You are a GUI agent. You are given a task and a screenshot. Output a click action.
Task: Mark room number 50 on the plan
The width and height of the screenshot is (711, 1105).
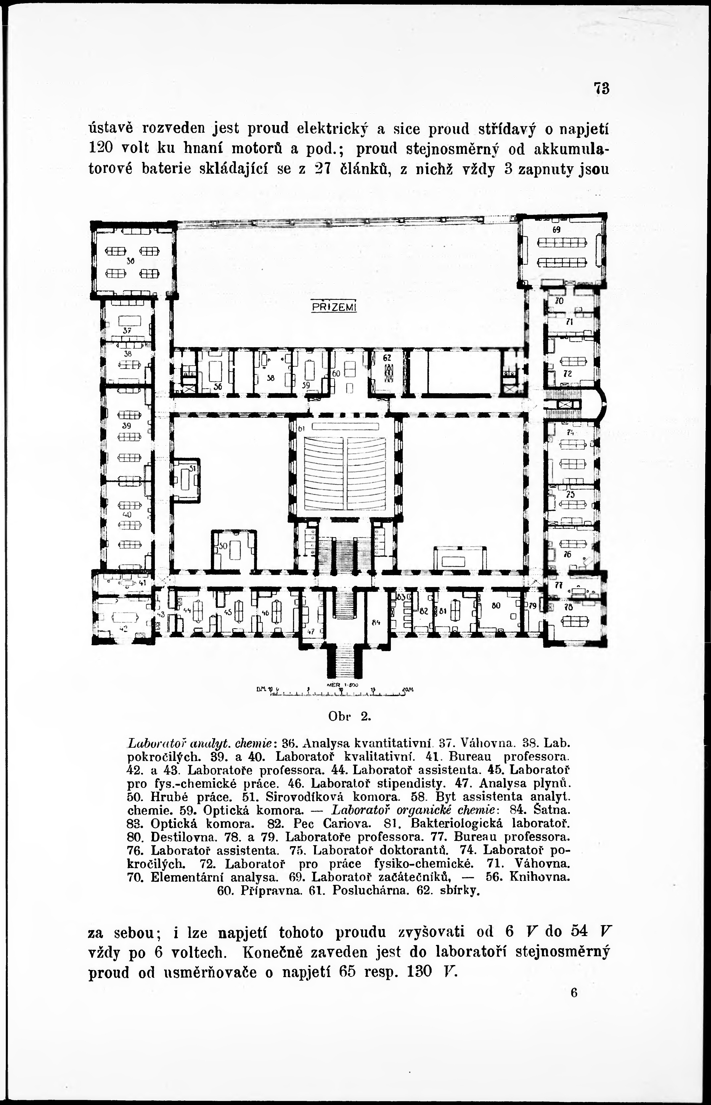224,546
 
